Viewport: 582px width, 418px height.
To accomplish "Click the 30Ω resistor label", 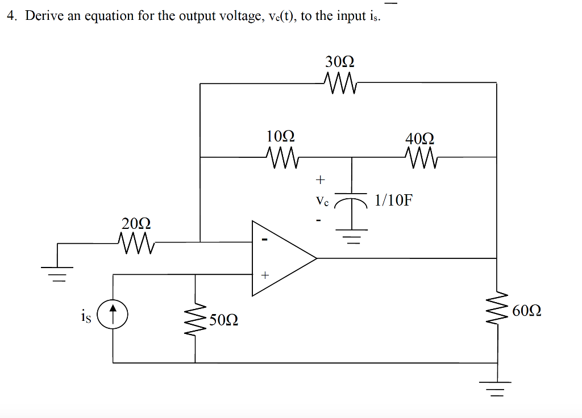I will tap(340, 61).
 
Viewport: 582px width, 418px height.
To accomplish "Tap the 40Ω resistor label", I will tap(420, 139).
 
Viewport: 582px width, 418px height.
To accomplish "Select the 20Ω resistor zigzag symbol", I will tap(136, 243).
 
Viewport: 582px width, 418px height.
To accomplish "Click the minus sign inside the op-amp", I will tap(264, 241).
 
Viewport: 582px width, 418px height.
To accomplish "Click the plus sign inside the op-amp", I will tap(264, 275).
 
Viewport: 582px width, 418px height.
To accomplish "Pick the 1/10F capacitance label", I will tap(393, 200).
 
